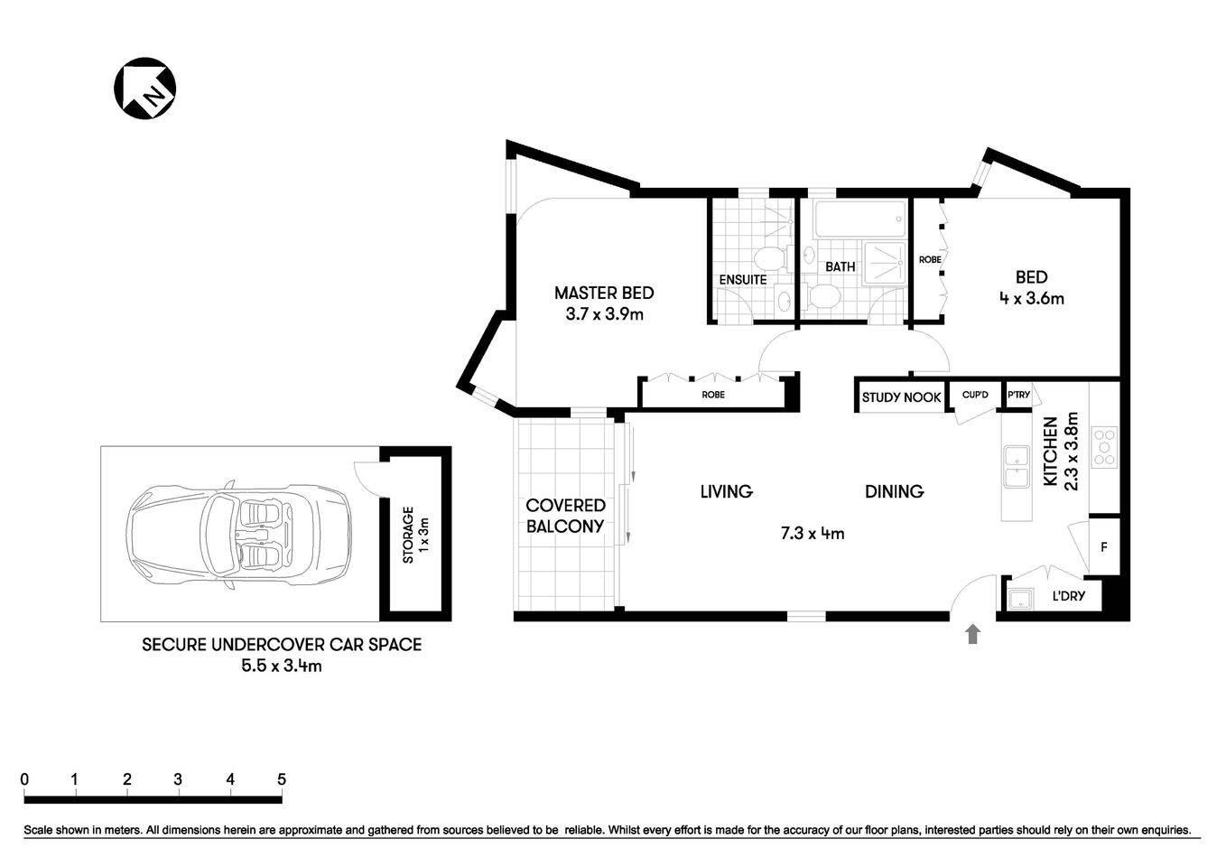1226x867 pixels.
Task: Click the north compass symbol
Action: pyautogui.click(x=144, y=88)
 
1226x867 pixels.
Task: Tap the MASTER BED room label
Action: pyautogui.click(x=603, y=293)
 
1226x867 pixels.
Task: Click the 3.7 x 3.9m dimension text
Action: pyautogui.click(x=603, y=314)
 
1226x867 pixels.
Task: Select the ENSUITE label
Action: pyautogui.click(x=742, y=280)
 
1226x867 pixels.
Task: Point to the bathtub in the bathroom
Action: pyautogui.click(x=859, y=218)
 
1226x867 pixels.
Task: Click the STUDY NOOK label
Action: pyautogui.click(x=901, y=397)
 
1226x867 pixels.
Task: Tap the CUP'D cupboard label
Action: pyautogui.click(x=975, y=396)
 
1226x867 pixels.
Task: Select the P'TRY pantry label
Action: pyautogui.click(x=1018, y=396)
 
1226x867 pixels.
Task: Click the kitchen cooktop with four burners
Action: pyautogui.click(x=1104, y=446)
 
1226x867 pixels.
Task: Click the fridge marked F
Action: pyautogui.click(x=1104, y=546)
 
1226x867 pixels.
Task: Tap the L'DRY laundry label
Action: pyautogui.click(x=1069, y=596)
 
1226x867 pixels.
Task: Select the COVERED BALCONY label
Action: pyautogui.click(x=565, y=516)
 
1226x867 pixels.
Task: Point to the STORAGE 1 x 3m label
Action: pyautogui.click(x=415, y=535)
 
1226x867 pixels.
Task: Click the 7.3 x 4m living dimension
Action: pyautogui.click(x=812, y=533)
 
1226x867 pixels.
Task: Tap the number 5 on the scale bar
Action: pyautogui.click(x=282, y=779)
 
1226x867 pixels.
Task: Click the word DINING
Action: pyautogui.click(x=894, y=491)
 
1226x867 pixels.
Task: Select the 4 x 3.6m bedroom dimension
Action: pyautogui.click(x=1031, y=298)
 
